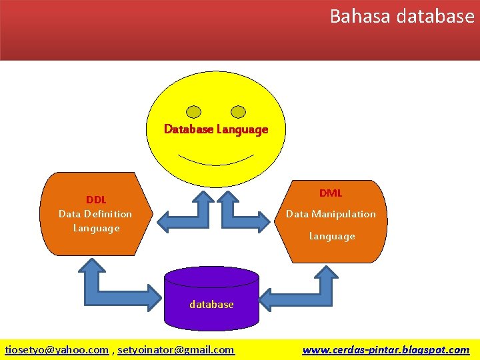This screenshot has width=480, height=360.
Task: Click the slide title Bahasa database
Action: click(401, 16)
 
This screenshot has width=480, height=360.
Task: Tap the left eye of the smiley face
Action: click(193, 111)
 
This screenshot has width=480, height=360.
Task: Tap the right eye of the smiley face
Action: click(238, 111)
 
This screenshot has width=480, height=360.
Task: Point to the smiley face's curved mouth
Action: click(216, 161)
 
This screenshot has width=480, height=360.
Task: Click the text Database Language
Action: click(216, 129)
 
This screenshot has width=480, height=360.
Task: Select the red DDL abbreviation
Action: click(95, 199)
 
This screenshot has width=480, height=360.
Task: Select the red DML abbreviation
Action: click(330, 193)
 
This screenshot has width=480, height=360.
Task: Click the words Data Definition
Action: click(95, 213)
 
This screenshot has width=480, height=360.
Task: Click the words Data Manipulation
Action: click(331, 214)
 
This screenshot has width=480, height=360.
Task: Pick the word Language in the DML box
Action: click(331, 236)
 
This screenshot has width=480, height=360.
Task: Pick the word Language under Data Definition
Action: click(96, 228)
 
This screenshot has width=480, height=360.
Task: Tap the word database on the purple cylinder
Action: click(211, 304)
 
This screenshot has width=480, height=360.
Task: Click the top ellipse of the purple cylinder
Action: click(211, 277)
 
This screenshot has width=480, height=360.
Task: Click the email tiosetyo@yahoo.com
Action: click(57, 349)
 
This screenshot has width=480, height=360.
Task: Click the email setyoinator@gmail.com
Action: click(176, 349)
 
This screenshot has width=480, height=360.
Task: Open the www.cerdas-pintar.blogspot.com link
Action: click(385, 349)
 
